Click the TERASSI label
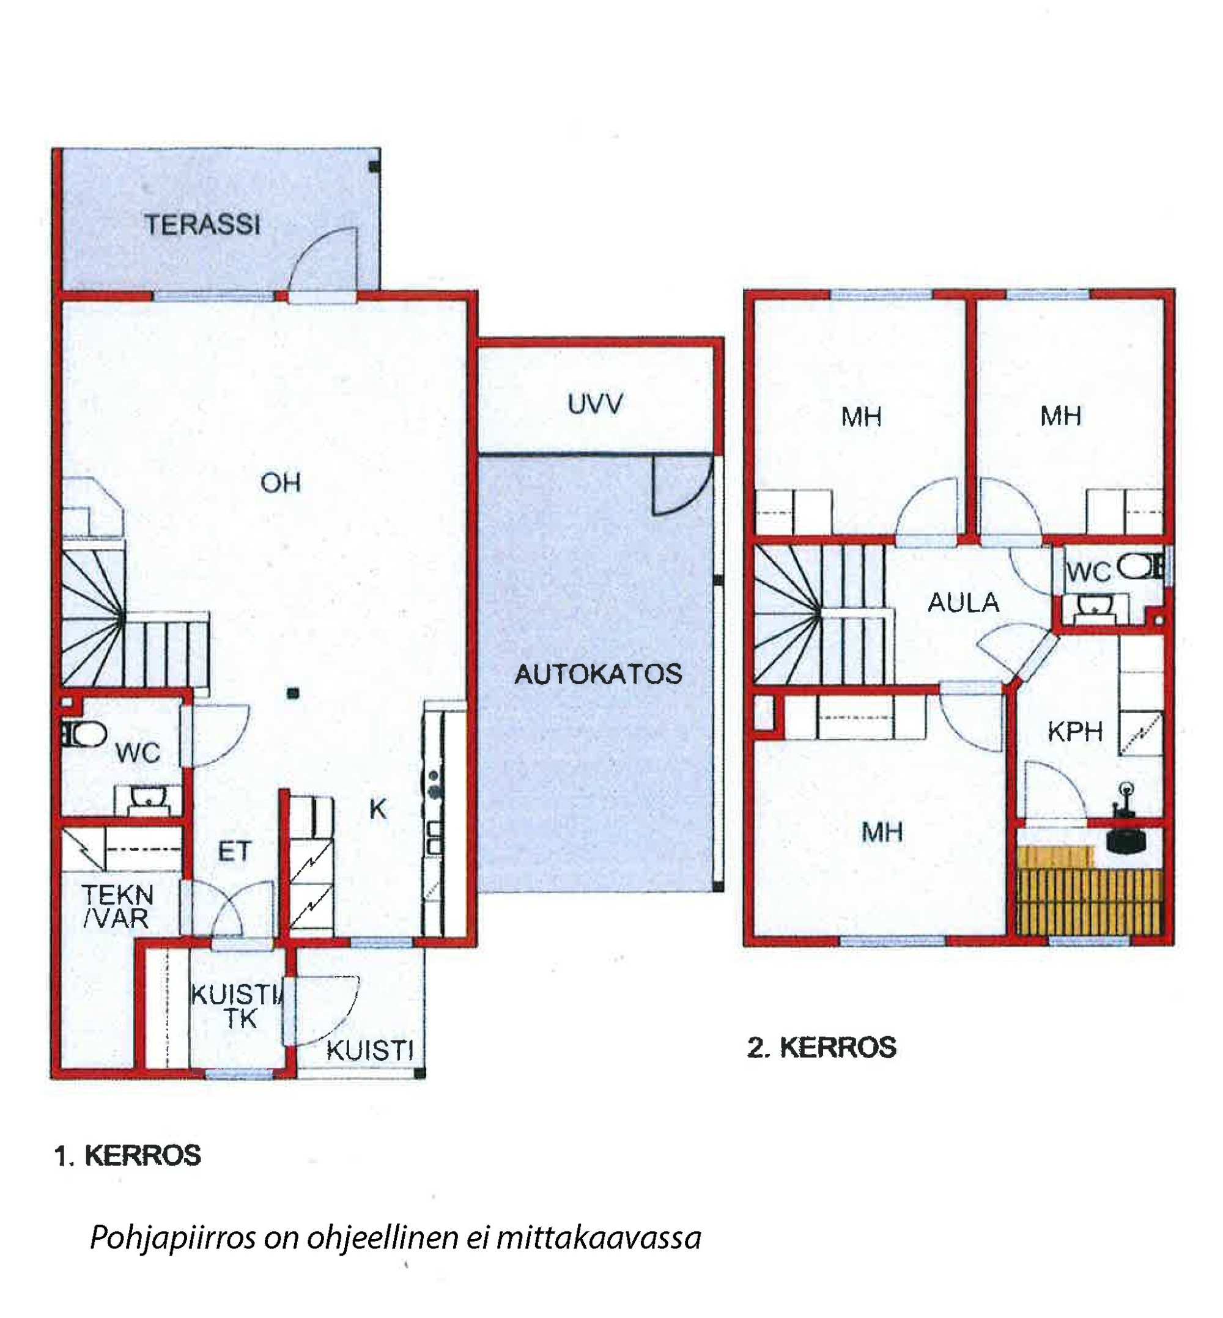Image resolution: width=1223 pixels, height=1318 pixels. (x=202, y=225)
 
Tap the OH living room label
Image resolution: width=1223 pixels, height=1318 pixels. (x=281, y=483)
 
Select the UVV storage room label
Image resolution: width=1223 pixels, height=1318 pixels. (x=595, y=403)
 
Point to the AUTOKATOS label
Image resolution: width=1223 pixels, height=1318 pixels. (x=598, y=674)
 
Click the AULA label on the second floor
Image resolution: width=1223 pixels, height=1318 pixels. (x=963, y=603)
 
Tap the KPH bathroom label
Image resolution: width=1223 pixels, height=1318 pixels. (x=1075, y=732)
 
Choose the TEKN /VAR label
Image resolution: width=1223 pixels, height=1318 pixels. (x=118, y=907)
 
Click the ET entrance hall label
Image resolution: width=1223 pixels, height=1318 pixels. (x=234, y=852)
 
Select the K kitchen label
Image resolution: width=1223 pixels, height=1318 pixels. (x=377, y=809)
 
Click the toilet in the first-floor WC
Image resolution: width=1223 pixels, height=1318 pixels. (x=85, y=734)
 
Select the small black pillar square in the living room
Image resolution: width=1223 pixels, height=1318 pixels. (x=293, y=693)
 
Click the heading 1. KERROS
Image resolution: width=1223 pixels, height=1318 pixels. (x=128, y=1155)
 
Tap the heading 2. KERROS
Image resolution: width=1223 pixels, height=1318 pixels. (x=821, y=1047)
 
